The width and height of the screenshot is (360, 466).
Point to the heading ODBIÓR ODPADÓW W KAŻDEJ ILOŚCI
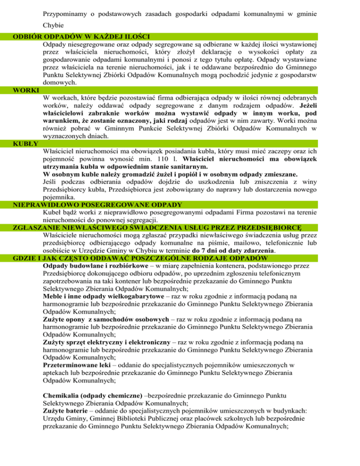point(84,36)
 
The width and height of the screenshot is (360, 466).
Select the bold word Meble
point(52,296)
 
